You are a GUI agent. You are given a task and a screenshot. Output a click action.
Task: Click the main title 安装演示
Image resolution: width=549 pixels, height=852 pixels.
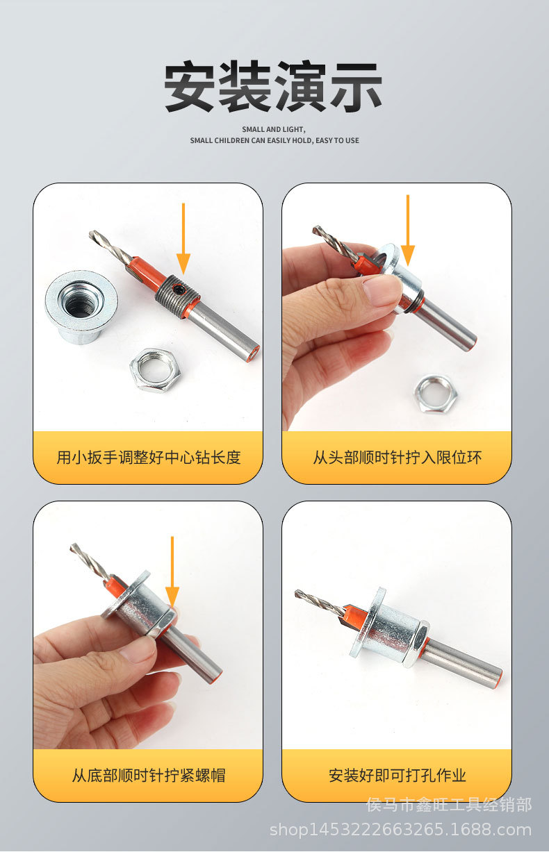[x=273, y=87]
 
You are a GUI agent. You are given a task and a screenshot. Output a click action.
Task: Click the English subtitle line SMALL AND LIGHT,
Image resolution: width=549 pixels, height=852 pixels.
[x=273, y=129]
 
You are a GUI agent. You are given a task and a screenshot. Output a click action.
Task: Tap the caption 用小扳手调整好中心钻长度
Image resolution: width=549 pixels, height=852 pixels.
[x=148, y=458]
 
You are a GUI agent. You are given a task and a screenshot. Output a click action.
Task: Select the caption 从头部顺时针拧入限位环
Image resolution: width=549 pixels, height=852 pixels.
[x=397, y=458]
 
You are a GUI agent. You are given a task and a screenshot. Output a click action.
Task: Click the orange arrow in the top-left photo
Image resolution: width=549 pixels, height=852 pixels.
[x=183, y=240]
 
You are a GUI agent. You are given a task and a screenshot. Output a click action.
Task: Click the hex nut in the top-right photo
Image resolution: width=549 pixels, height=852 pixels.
[x=436, y=393]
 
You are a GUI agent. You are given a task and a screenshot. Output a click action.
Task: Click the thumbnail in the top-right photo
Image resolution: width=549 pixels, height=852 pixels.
[x=381, y=289]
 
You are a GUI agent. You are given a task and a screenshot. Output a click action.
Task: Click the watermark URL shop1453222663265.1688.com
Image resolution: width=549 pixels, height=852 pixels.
[x=400, y=830]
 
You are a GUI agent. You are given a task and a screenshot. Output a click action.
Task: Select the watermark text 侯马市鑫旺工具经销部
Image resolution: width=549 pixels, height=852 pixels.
[x=448, y=805]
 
